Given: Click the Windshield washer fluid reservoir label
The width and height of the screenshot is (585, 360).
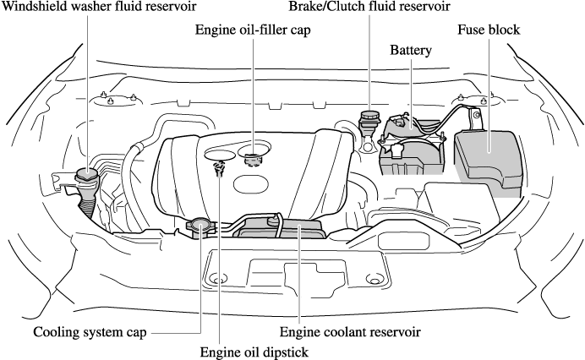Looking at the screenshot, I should coord(99,8).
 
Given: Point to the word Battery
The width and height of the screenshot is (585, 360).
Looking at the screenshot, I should coord(411,51).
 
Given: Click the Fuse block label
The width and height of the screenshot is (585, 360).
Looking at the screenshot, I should coord(489,30).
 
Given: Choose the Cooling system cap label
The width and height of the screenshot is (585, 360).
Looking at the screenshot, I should coord(86,330).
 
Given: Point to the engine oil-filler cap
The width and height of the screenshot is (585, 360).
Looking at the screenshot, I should coord(252,157).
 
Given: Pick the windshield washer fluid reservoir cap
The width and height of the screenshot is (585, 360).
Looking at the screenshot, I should coord(87,176).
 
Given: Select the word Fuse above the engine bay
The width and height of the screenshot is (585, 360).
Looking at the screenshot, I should coord(472,30).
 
